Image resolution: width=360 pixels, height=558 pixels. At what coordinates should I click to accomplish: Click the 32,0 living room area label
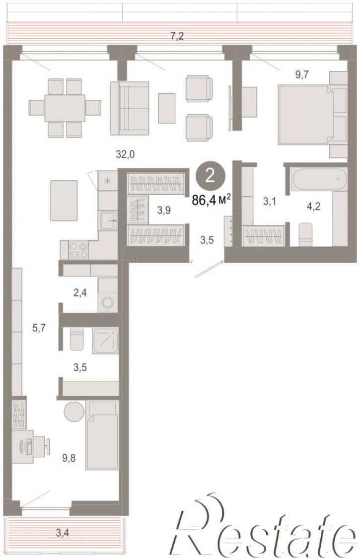click(125, 154)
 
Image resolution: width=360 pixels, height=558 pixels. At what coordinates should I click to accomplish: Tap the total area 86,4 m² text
click(212, 200)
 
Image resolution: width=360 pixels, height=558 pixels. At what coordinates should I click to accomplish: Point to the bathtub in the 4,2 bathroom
click(319, 179)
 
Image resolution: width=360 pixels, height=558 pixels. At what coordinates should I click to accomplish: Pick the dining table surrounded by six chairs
click(65, 108)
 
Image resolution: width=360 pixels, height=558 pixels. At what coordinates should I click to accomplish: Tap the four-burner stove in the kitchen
click(78, 250)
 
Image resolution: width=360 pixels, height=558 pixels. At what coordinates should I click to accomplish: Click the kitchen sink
click(108, 220)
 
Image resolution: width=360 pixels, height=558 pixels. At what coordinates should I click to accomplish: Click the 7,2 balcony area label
click(177, 36)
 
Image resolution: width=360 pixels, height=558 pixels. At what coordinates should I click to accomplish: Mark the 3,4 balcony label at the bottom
click(63, 533)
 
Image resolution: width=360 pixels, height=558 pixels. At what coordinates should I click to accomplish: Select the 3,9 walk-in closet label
click(164, 210)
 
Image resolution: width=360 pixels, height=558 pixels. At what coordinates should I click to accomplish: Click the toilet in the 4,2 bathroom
click(305, 234)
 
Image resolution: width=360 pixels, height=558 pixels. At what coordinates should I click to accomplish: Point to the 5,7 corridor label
click(39, 327)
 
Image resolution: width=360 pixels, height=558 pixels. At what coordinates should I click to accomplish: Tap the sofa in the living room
click(129, 108)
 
